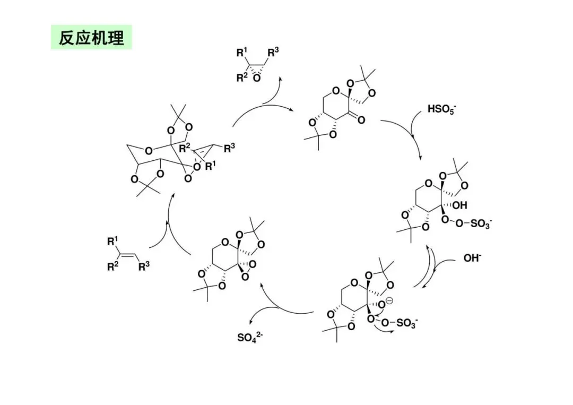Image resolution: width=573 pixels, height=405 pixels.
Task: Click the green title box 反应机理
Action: (91, 38)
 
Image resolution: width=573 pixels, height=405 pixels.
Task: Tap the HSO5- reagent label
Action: (441, 110)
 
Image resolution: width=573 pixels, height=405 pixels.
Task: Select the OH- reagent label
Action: (473, 258)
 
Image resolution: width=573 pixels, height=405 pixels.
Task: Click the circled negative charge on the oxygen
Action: (389, 301)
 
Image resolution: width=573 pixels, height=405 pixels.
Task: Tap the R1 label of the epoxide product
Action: (242, 52)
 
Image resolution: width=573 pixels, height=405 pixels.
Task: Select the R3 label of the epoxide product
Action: (273, 52)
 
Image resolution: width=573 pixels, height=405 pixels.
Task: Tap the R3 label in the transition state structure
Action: (229, 149)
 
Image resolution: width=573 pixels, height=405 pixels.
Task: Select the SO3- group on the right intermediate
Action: (480, 223)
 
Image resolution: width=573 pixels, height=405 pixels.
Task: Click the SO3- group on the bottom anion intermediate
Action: (407, 323)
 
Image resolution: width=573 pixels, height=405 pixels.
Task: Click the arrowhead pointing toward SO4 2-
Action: (252, 321)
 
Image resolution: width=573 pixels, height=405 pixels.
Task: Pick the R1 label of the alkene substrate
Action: (112, 242)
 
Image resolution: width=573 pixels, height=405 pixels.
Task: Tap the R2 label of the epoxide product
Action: (242, 77)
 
